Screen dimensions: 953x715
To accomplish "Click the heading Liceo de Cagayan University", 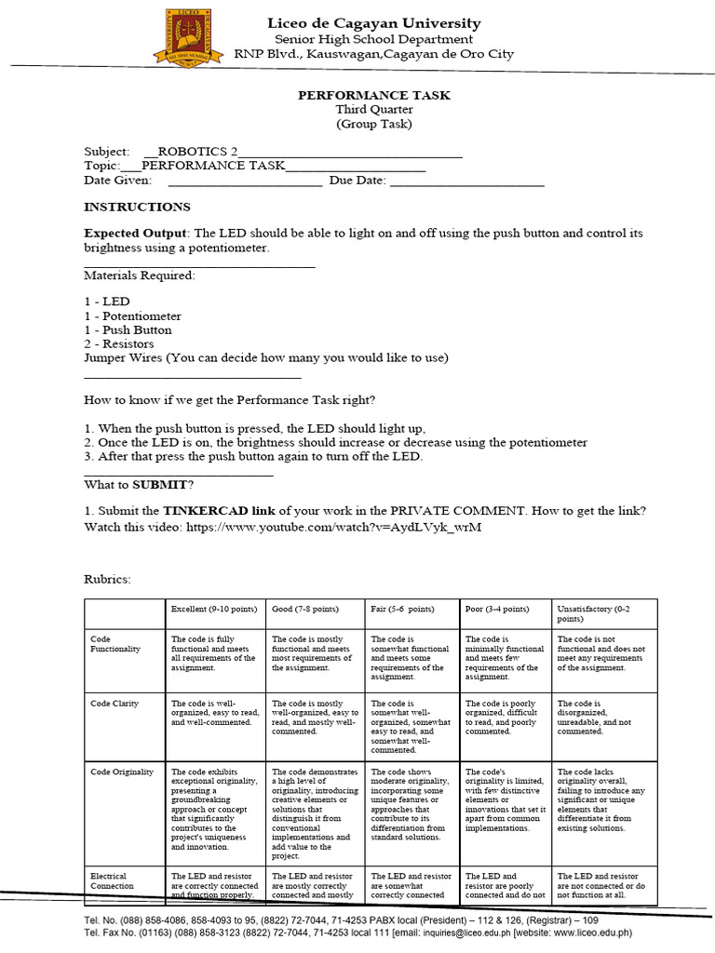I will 373,23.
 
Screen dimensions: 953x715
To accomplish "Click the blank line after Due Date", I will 466,181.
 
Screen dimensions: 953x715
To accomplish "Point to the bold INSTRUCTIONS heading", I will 137,207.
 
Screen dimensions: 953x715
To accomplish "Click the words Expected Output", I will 136,233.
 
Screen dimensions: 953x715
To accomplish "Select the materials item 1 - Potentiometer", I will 132,315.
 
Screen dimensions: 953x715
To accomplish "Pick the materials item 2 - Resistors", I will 119,343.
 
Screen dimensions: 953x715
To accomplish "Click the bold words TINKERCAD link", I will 220,511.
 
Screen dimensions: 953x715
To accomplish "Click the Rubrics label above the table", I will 107,579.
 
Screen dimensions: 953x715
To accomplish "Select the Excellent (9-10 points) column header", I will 213,609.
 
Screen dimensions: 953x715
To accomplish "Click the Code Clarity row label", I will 115,704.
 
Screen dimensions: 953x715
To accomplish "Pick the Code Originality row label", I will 122,772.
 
